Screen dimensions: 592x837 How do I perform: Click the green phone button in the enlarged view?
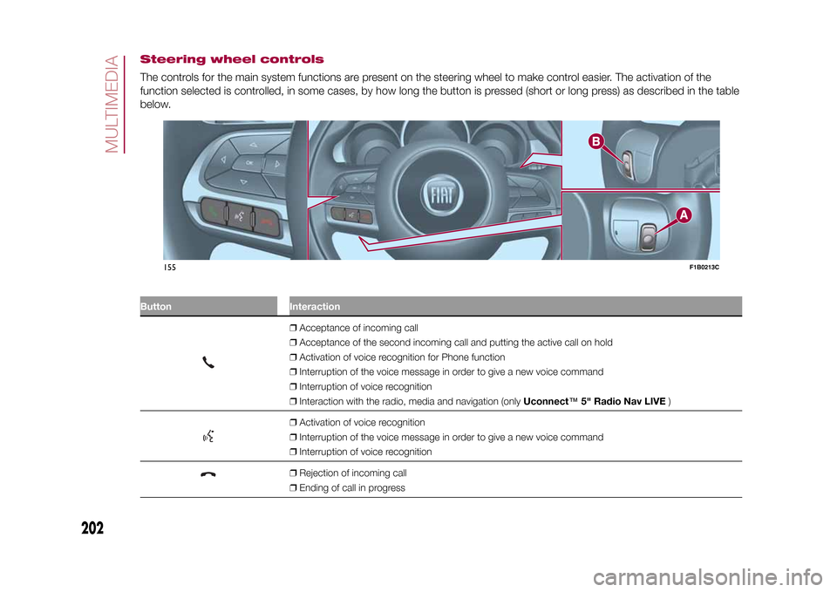point(211,211)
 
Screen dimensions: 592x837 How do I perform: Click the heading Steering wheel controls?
point(231,59)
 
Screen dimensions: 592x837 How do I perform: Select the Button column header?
point(156,307)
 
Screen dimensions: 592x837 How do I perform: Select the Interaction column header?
point(315,307)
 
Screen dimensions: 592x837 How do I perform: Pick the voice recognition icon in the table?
point(210,436)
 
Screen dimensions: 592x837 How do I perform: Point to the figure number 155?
point(170,267)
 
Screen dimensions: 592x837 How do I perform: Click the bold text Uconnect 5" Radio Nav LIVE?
point(594,400)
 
